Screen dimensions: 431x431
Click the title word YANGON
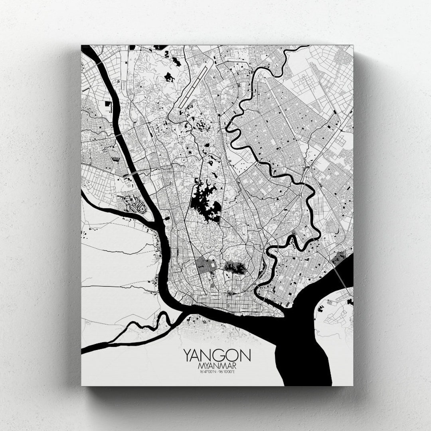coord(217,355)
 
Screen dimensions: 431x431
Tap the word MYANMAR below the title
coord(217,366)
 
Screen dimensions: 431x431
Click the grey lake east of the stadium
coord(235,268)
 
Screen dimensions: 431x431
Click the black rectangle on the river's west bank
coord(108,104)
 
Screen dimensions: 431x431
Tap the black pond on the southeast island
coord(350,302)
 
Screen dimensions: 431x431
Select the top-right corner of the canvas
coord(353,46)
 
